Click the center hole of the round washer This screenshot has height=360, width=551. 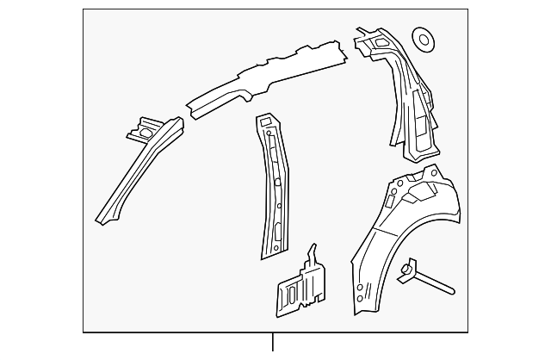pos(423,39)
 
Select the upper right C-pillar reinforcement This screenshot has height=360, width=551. pos(405,95)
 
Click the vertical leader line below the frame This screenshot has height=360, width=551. pos(274,342)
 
